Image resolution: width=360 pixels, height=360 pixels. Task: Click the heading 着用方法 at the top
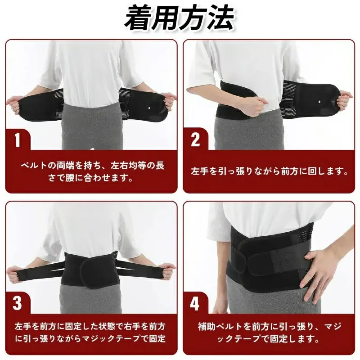click(x=179, y=18)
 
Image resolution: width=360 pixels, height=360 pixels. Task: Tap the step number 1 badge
click(x=18, y=140)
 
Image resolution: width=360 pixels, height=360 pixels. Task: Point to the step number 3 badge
click(x=18, y=303)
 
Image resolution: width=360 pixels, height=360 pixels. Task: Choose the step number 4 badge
click(x=195, y=303)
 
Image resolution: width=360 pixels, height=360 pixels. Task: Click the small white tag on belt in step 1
click(x=150, y=107)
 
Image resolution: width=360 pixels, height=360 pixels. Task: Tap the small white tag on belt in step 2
click(x=320, y=102)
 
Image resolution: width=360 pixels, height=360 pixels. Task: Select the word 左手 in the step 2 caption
click(x=200, y=171)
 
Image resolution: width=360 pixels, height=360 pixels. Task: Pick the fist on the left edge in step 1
click(x=14, y=105)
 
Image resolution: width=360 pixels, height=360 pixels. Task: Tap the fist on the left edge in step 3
click(x=14, y=275)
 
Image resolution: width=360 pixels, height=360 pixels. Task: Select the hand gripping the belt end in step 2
click(x=345, y=99)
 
